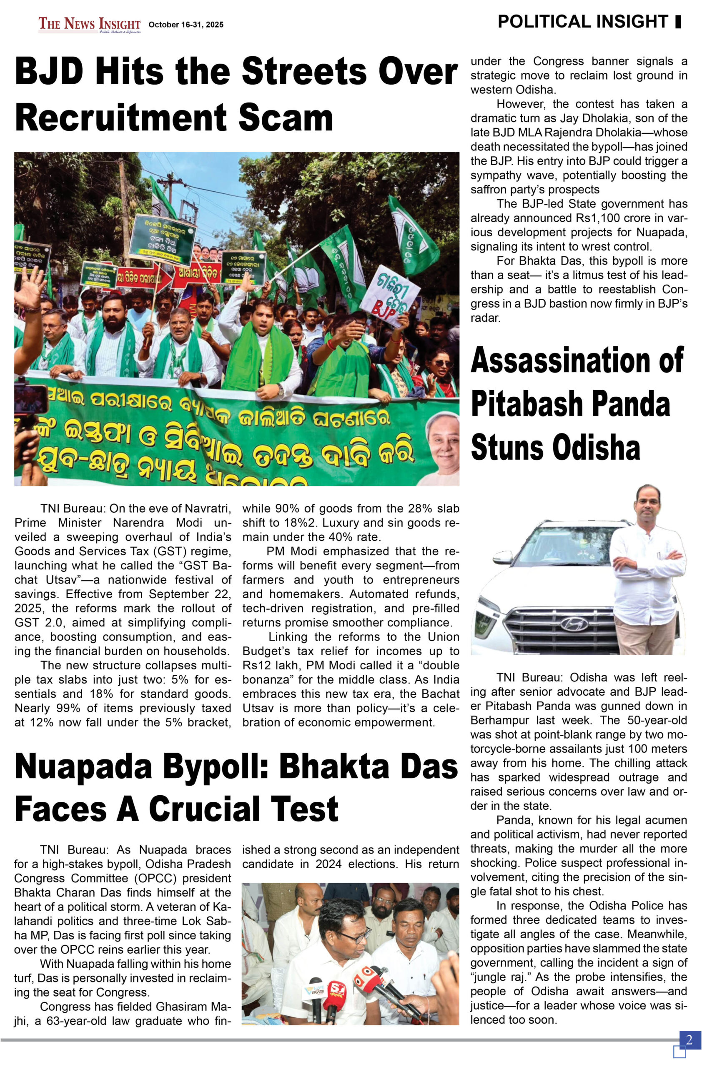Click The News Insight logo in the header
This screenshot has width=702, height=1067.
pos(89,24)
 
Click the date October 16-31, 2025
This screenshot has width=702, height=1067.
pos(186,25)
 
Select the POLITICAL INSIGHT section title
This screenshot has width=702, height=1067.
pos(583,22)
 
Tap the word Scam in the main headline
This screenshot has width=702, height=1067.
pos(285,118)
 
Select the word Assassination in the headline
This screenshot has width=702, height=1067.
pos(577,360)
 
